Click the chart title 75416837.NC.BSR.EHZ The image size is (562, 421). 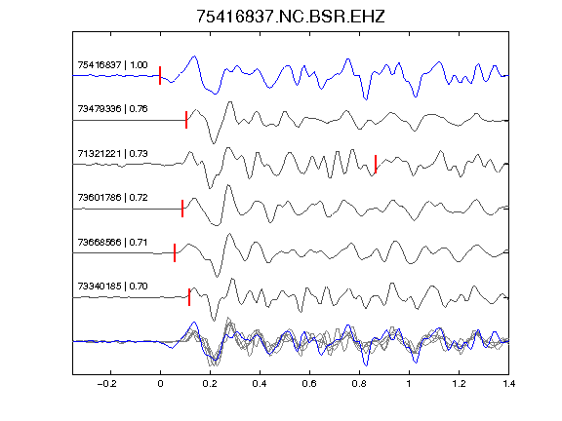[291, 17]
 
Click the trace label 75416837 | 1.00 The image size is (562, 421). [112, 64]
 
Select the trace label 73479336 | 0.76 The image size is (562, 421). [112, 109]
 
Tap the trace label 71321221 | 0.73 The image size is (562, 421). [112, 154]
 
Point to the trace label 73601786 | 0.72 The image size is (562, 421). [112, 198]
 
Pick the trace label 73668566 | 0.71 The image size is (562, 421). [112, 243]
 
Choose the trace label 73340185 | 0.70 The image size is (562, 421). [112, 287]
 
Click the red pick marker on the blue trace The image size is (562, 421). [160, 76]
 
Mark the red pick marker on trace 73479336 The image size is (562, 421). [186, 120]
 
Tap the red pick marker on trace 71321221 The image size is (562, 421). [376, 164]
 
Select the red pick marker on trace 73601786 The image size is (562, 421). [182, 209]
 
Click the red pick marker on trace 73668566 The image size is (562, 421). [175, 252]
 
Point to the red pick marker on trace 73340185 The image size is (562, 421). [189, 297]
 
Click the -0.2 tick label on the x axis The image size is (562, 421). [107, 384]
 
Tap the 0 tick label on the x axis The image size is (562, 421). [160, 384]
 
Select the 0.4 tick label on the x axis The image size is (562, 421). [260, 384]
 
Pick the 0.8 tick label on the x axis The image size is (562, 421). [359, 384]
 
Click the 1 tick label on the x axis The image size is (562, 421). [409, 384]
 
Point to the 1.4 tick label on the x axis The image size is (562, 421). [508, 384]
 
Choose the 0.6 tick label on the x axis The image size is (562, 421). [309, 384]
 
